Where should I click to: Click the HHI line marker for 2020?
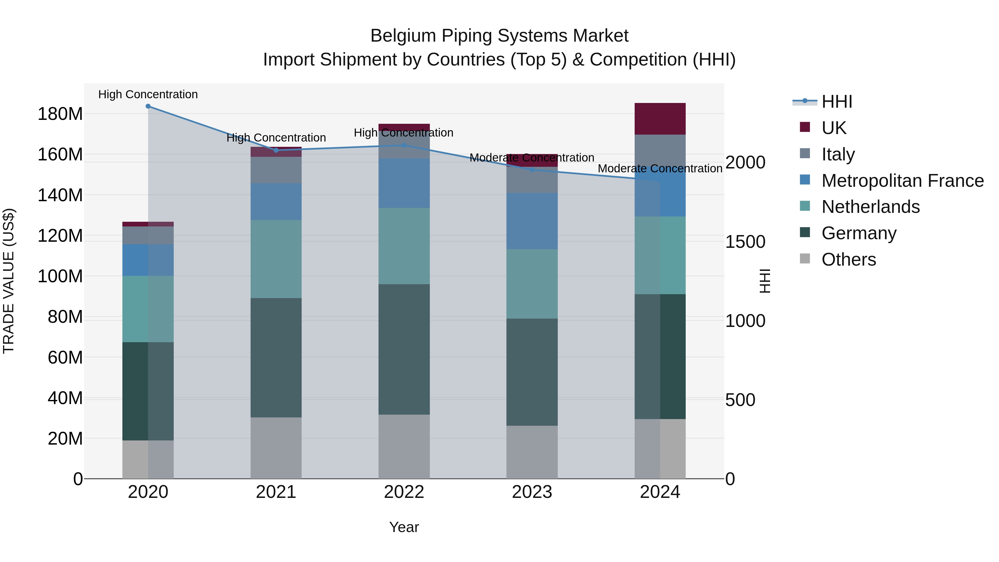(x=148, y=106)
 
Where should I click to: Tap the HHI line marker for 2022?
(x=404, y=145)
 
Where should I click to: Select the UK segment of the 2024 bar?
(x=660, y=119)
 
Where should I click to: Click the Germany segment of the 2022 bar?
(x=404, y=349)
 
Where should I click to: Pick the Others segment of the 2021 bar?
(x=276, y=448)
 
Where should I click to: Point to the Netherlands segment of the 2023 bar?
(x=532, y=284)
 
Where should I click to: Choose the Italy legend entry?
(x=838, y=154)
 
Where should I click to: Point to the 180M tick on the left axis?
(x=60, y=114)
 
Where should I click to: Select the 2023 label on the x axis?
(x=532, y=492)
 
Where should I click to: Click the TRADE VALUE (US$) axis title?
(x=9, y=281)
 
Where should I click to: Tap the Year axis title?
(x=404, y=527)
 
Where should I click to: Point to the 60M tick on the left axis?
(x=65, y=357)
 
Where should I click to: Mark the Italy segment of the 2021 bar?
(x=276, y=170)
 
